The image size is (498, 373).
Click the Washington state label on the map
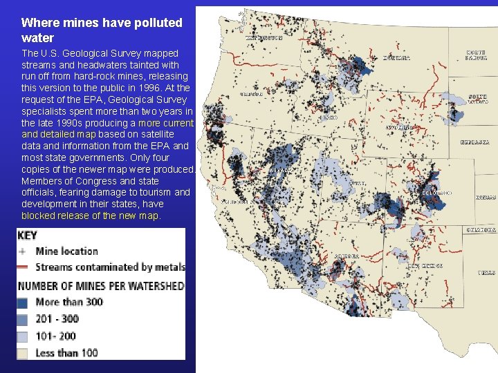click(265, 38)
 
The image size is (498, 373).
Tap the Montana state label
click(396, 58)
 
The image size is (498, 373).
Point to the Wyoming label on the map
click(400, 127)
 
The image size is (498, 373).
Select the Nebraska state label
click(475, 142)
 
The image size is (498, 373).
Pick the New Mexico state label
click(424, 265)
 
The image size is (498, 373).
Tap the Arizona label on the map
click(347, 256)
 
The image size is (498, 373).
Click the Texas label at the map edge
click(486, 273)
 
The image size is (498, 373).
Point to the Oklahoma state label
click(481, 229)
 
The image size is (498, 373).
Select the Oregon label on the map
click(250, 93)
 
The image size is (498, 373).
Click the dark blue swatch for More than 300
click(26, 302)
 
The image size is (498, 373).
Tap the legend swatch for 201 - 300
click(26, 319)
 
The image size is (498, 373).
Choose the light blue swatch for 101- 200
click(26, 336)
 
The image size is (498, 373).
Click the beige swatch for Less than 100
click(26, 353)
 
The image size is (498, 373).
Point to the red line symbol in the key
click(26, 267)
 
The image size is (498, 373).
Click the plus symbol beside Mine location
click(26, 251)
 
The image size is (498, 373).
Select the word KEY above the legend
click(27, 236)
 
